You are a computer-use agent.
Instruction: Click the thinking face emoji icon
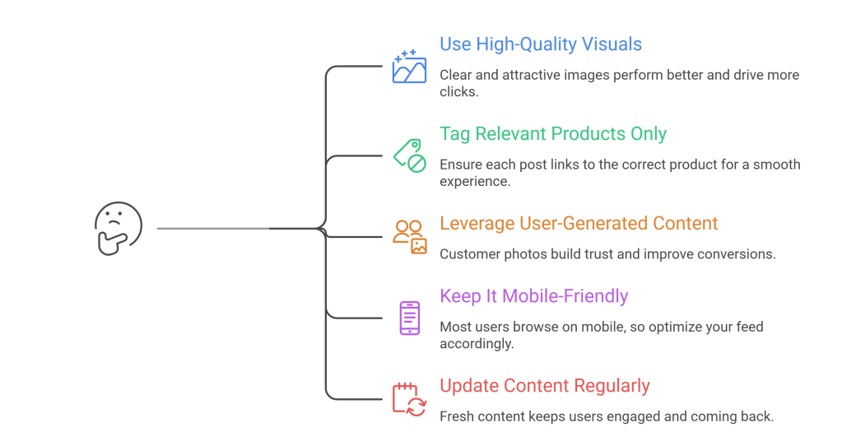click(x=119, y=228)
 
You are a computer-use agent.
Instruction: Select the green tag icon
click(x=409, y=155)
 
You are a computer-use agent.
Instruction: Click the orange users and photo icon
click(x=409, y=235)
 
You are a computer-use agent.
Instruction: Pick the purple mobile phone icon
click(x=409, y=318)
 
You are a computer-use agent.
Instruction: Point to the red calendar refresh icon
click(x=409, y=398)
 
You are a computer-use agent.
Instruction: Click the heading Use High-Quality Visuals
click(x=541, y=44)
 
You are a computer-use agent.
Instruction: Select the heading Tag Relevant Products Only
click(x=553, y=133)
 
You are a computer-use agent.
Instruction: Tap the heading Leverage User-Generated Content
click(x=579, y=223)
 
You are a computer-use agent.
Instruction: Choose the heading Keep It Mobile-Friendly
click(x=533, y=296)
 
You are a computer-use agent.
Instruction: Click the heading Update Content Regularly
click(x=545, y=385)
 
